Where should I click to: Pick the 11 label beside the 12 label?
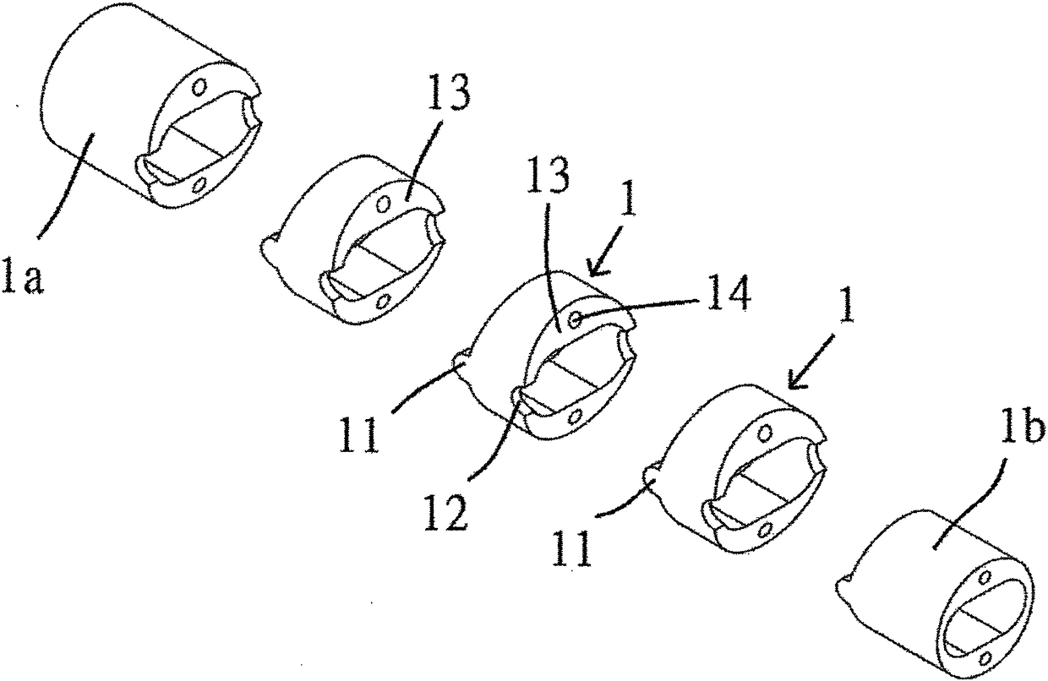coord(358,434)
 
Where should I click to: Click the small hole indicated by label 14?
coord(575,320)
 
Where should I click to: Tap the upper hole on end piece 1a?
coord(201,85)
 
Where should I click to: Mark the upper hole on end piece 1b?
coord(985,575)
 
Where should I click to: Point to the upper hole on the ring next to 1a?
coord(384,204)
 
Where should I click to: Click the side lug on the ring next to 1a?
coord(268,243)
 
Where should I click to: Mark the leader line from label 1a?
coord(66,185)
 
